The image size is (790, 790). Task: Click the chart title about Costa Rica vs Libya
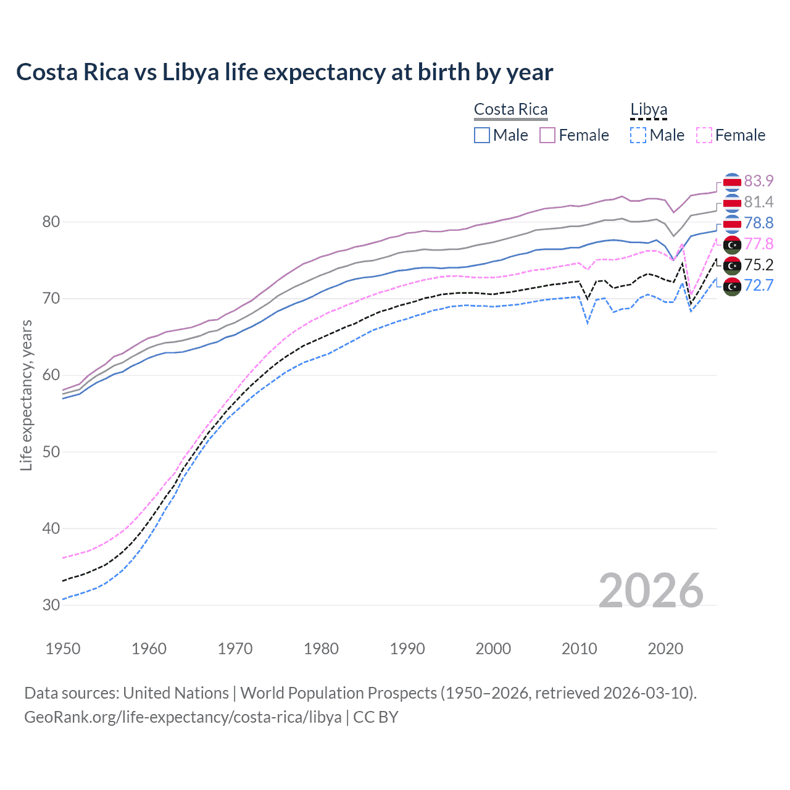(x=285, y=72)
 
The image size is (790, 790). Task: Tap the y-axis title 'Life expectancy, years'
(x=27, y=395)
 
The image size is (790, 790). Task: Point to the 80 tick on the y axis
(x=51, y=222)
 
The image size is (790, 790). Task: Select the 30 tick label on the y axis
(x=51, y=605)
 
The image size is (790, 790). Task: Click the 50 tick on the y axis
(x=51, y=452)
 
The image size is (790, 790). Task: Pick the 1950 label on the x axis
(x=63, y=649)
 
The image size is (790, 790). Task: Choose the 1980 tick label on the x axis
(x=321, y=649)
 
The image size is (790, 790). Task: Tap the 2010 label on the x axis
(x=579, y=649)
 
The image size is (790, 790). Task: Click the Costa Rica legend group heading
(x=510, y=110)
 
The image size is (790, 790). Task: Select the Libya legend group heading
(x=649, y=110)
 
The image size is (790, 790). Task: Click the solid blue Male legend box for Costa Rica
(x=482, y=135)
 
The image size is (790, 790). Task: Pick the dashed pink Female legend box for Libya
(x=704, y=135)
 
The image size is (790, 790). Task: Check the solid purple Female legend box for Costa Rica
(x=547, y=135)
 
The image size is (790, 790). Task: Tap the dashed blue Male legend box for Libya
(x=638, y=135)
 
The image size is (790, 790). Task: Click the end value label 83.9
(x=759, y=181)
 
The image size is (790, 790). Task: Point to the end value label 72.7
(x=759, y=285)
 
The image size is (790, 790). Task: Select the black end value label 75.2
(x=759, y=265)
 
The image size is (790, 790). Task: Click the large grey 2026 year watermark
(x=651, y=591)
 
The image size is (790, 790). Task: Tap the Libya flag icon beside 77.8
(x=732, y=245)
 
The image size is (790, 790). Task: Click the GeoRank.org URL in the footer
(x=183, y=717)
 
